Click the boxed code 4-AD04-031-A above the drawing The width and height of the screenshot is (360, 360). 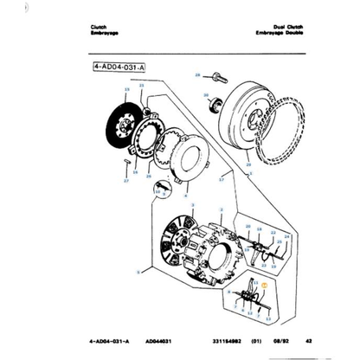(119, 64)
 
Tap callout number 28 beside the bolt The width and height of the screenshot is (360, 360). (197, 76)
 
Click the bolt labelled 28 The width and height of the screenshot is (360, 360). (215, 78)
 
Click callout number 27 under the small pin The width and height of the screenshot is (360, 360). (125, 182)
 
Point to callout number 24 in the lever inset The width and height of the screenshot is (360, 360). (287, 235)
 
